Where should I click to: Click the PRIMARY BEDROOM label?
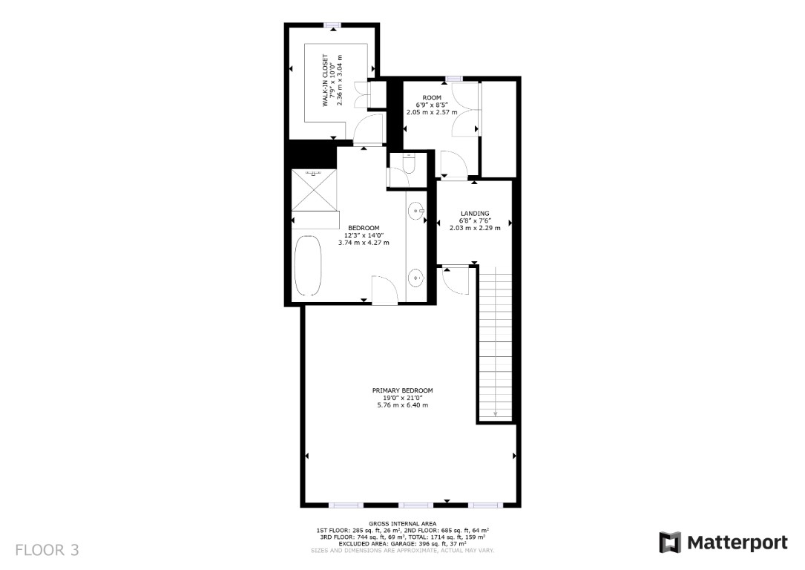[x=402, y=390]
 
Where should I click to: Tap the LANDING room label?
[x=475, y=214]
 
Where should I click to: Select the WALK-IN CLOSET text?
[x=325, y=81]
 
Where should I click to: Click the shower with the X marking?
[x=314, y=190]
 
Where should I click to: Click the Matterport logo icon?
[x=670, y=543]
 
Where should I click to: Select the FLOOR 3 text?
[x=47, y=550]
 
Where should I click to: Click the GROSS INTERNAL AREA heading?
[x=402, y=523]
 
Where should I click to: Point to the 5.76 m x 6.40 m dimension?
[x=402, y=404]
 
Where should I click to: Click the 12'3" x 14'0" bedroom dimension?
[x=364, y=235]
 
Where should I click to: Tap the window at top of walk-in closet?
[x=332, y=26]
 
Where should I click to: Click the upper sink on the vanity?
[x=415, y=212]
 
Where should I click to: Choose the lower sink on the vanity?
[x=415, y=279]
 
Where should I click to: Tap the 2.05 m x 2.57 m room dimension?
[x=432, y=112]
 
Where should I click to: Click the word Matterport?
[x=737, y=543]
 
